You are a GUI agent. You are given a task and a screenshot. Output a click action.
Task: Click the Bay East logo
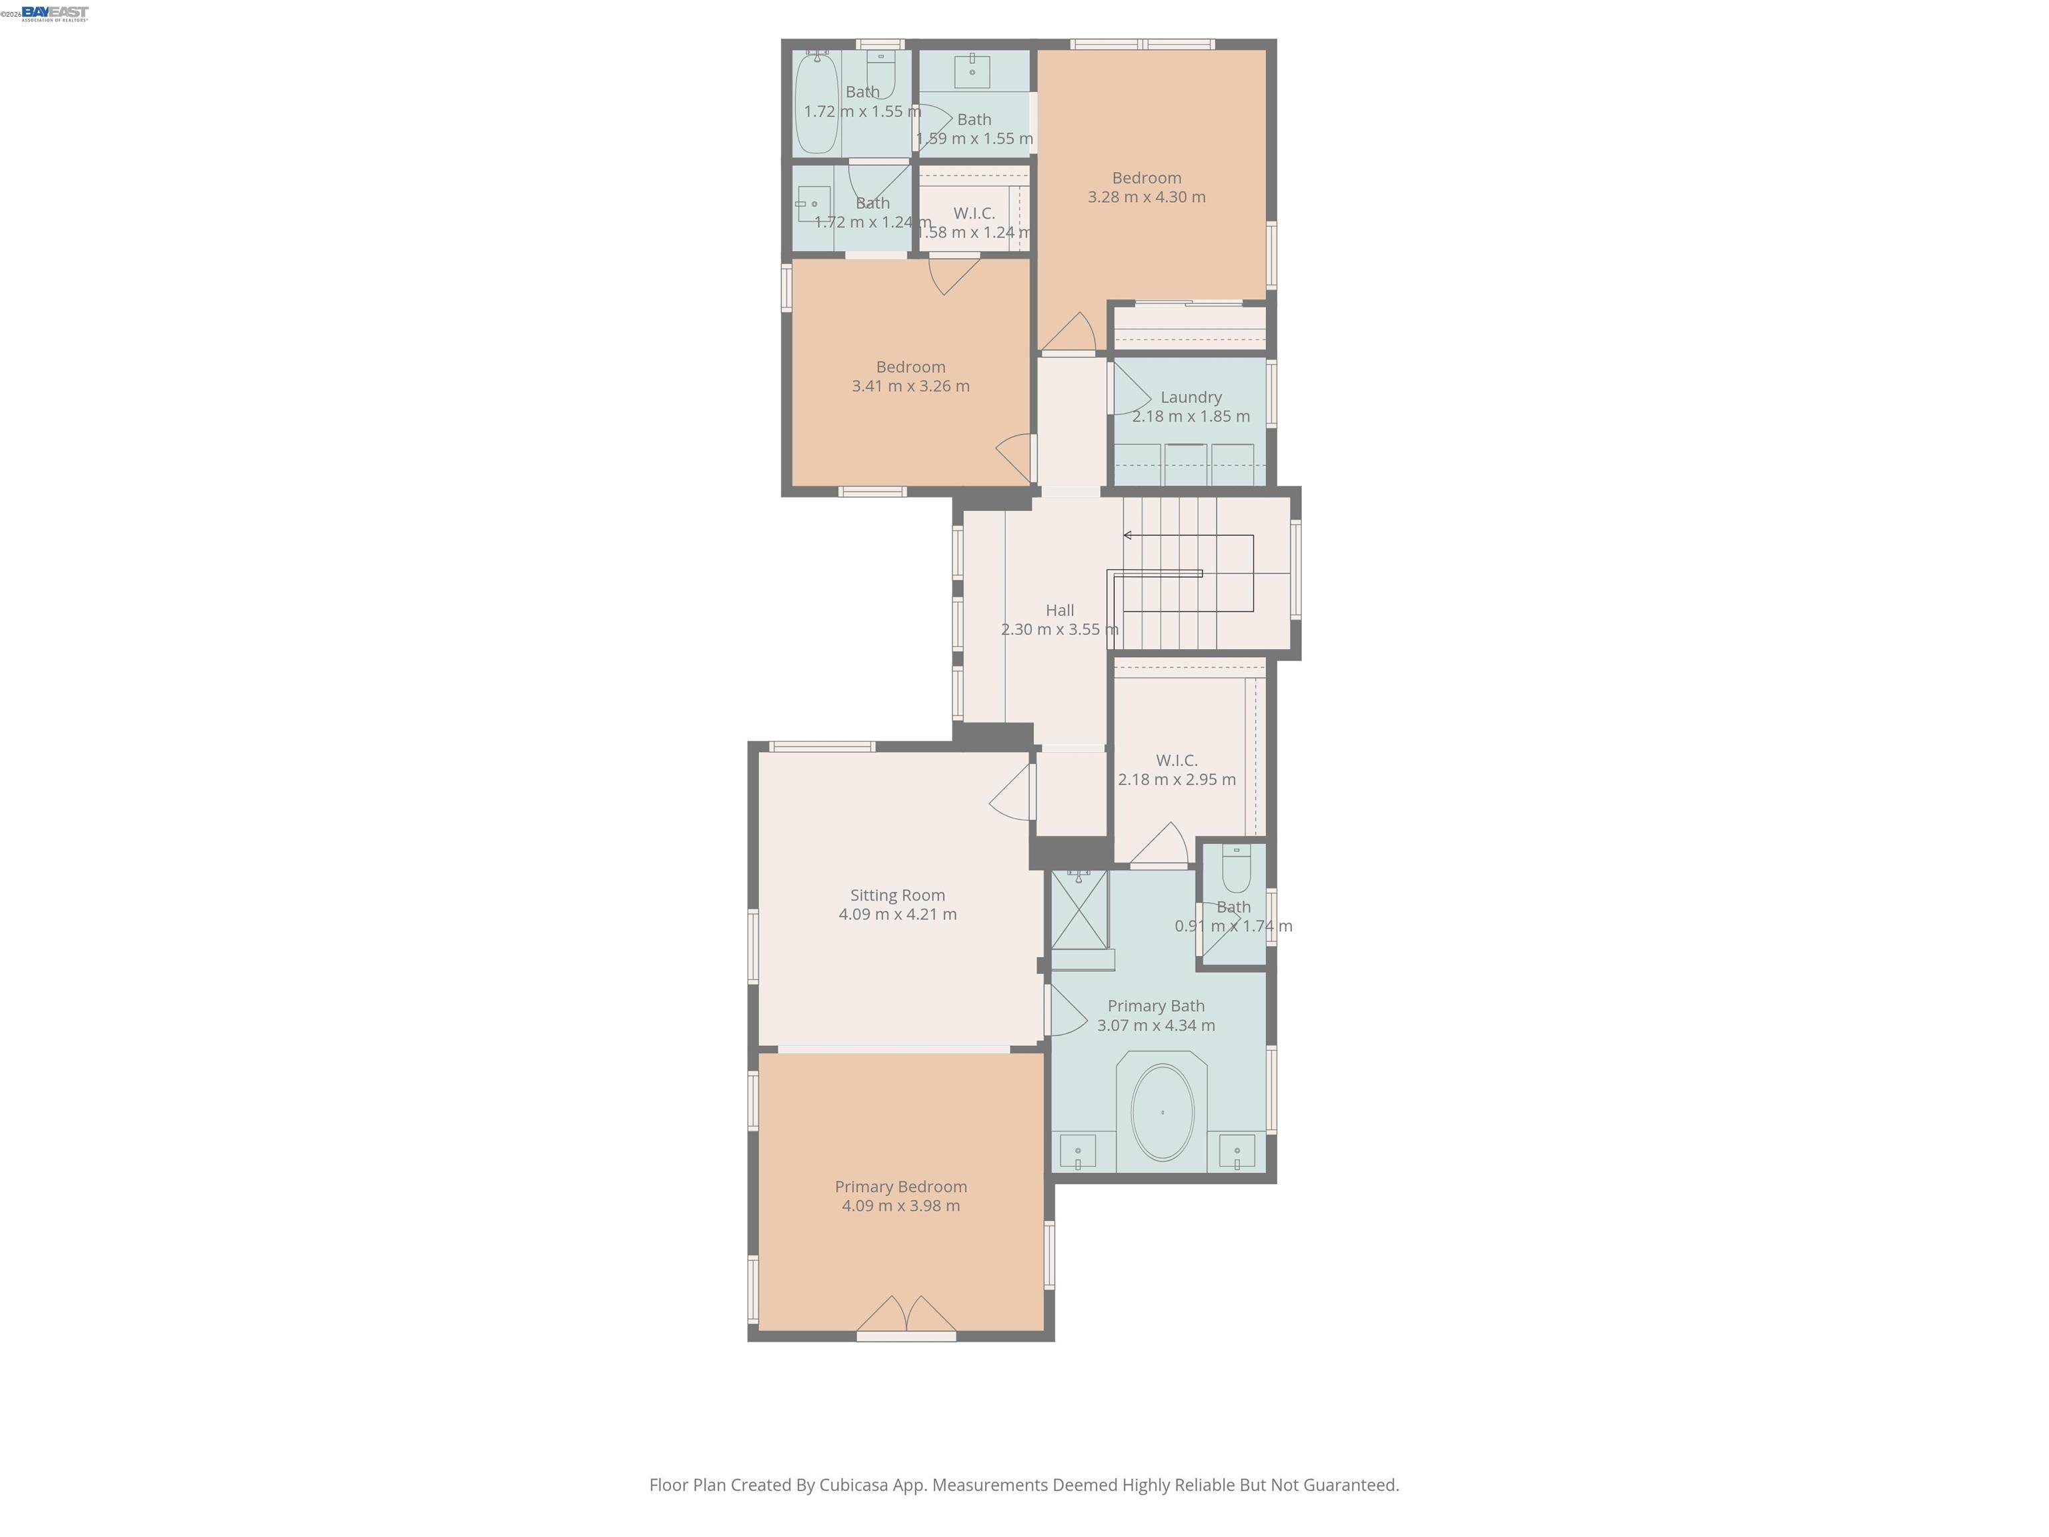click(55, 13)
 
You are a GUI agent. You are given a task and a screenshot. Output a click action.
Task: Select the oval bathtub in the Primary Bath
click(1162, 1113)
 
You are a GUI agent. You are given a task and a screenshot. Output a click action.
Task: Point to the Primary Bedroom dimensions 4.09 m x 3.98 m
click(900, 1205)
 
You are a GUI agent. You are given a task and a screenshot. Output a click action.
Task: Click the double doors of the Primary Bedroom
click(906, 1316)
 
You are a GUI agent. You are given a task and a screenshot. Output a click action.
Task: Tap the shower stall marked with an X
click(1079, 910)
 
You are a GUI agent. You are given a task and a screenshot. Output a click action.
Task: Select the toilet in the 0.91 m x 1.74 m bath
click(1236, 870)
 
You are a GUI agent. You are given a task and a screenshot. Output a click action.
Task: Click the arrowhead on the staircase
click(1127, 536)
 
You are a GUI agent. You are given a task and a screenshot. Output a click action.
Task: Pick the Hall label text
click(1060, 610)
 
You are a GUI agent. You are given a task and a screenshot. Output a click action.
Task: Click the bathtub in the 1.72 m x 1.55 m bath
click(816, 103)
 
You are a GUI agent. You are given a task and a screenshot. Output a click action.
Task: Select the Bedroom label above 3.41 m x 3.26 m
click(910, 367)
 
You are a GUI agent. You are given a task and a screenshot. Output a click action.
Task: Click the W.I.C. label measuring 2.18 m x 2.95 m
click(1177, 760)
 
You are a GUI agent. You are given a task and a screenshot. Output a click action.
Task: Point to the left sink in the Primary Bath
click(1077, 1151)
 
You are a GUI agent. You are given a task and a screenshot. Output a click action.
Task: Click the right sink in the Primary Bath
click(1237, 1151)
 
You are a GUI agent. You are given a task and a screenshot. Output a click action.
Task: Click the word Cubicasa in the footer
click(853, 1485)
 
